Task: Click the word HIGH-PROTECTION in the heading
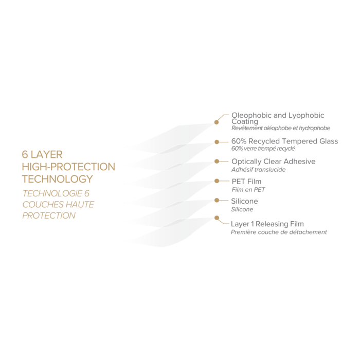pyautogui.click(x=68, y=167)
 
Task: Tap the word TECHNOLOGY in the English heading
pyautogui.click(x=58, y=179)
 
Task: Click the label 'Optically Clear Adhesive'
pyautogui.click(x=273, y=161)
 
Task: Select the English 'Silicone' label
pyautogui.click(x=245, y=202)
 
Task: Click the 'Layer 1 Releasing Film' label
pyautogui.click(x=267, y=224)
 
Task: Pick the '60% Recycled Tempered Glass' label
pyautogui.click(x=284, y=141)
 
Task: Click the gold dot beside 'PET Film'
pyautogui.click(x=217, y=182)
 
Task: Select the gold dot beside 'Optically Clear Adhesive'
pyautogui.click(x=218, y=161)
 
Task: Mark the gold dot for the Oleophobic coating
pyautogui.click(x=217, y=122)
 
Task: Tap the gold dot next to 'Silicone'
pyautogui.click(x=218, y=201)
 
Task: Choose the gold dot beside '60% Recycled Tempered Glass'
pyautogui.click(x=218, y=141)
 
